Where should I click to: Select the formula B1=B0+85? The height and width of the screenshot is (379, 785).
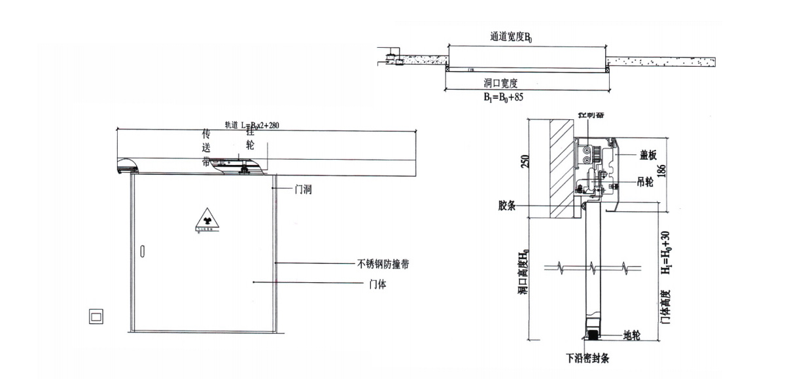[x=502, y=96]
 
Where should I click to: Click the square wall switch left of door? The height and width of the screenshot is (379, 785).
[x=96, y=316]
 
